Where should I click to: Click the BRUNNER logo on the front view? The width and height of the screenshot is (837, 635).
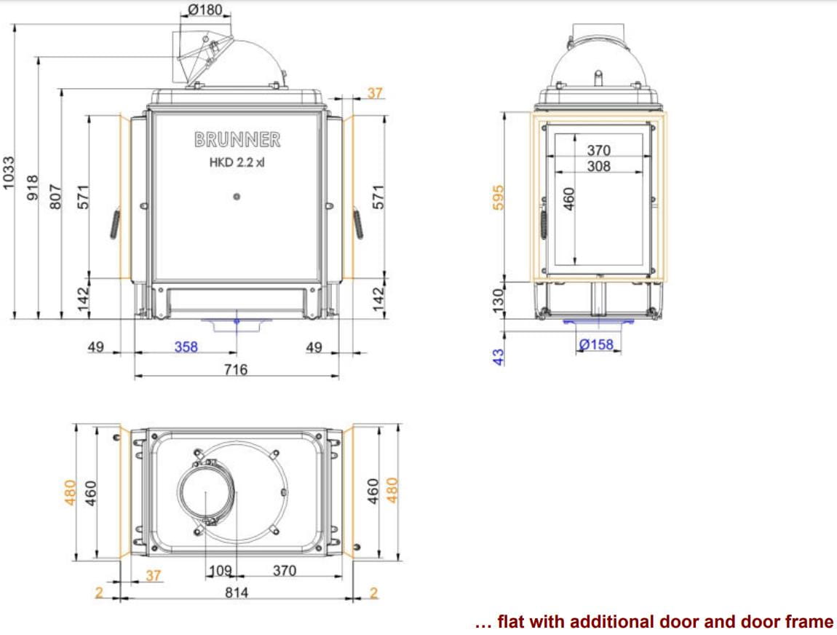[237, 139]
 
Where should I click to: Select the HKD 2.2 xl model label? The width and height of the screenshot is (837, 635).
[237, 162]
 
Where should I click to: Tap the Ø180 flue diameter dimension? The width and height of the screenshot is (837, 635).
[205, 9]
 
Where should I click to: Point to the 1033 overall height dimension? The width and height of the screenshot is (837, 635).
[9, 173]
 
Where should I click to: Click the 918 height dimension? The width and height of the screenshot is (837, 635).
[33, 187]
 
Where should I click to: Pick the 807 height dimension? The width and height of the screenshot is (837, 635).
[55, 197]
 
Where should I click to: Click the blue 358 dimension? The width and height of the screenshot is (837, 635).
[186, 347]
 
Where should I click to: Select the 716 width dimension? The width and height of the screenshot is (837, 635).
[236, 370]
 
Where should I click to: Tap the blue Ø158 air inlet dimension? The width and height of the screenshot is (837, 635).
[596, 344]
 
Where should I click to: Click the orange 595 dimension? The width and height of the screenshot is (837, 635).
[498, 197]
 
